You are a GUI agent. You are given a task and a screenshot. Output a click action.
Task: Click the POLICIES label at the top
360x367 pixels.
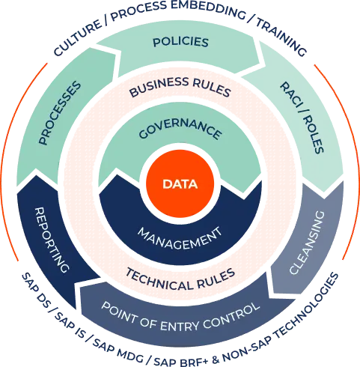tap(180, 41)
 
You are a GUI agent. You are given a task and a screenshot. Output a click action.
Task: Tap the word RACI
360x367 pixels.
tap(287, 95)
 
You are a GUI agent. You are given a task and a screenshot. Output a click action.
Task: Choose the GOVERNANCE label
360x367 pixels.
tap(180, 130)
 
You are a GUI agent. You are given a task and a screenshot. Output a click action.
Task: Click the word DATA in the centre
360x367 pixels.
tap(180, 183)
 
